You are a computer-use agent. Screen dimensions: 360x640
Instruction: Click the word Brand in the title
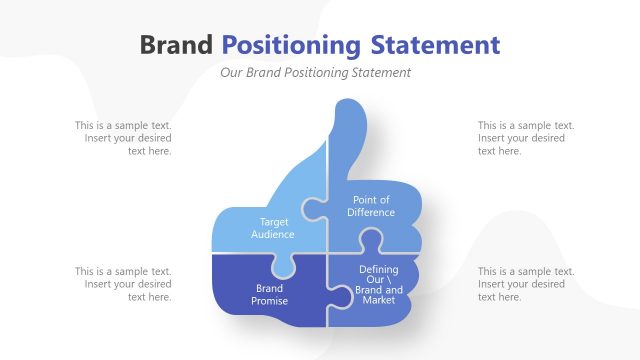pos(176,45)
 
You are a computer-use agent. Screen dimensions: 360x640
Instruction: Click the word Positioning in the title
pos(290,45)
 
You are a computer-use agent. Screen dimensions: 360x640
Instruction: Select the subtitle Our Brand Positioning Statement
pos(315,73)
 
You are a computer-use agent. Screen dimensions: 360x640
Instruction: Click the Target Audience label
pos(273,228)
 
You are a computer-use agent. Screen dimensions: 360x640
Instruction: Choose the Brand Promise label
pos(270,295)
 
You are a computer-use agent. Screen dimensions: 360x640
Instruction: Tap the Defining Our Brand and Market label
pos(379,285)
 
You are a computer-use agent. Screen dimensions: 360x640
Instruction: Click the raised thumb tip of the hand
pos(348,112)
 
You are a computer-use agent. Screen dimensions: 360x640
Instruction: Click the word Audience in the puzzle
pos(273,234)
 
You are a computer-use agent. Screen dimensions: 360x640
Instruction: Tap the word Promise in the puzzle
pos(270,301)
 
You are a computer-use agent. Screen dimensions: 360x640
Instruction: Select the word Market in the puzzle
pos(379,301)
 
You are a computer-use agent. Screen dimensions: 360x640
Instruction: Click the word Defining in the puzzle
pos(379,270)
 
